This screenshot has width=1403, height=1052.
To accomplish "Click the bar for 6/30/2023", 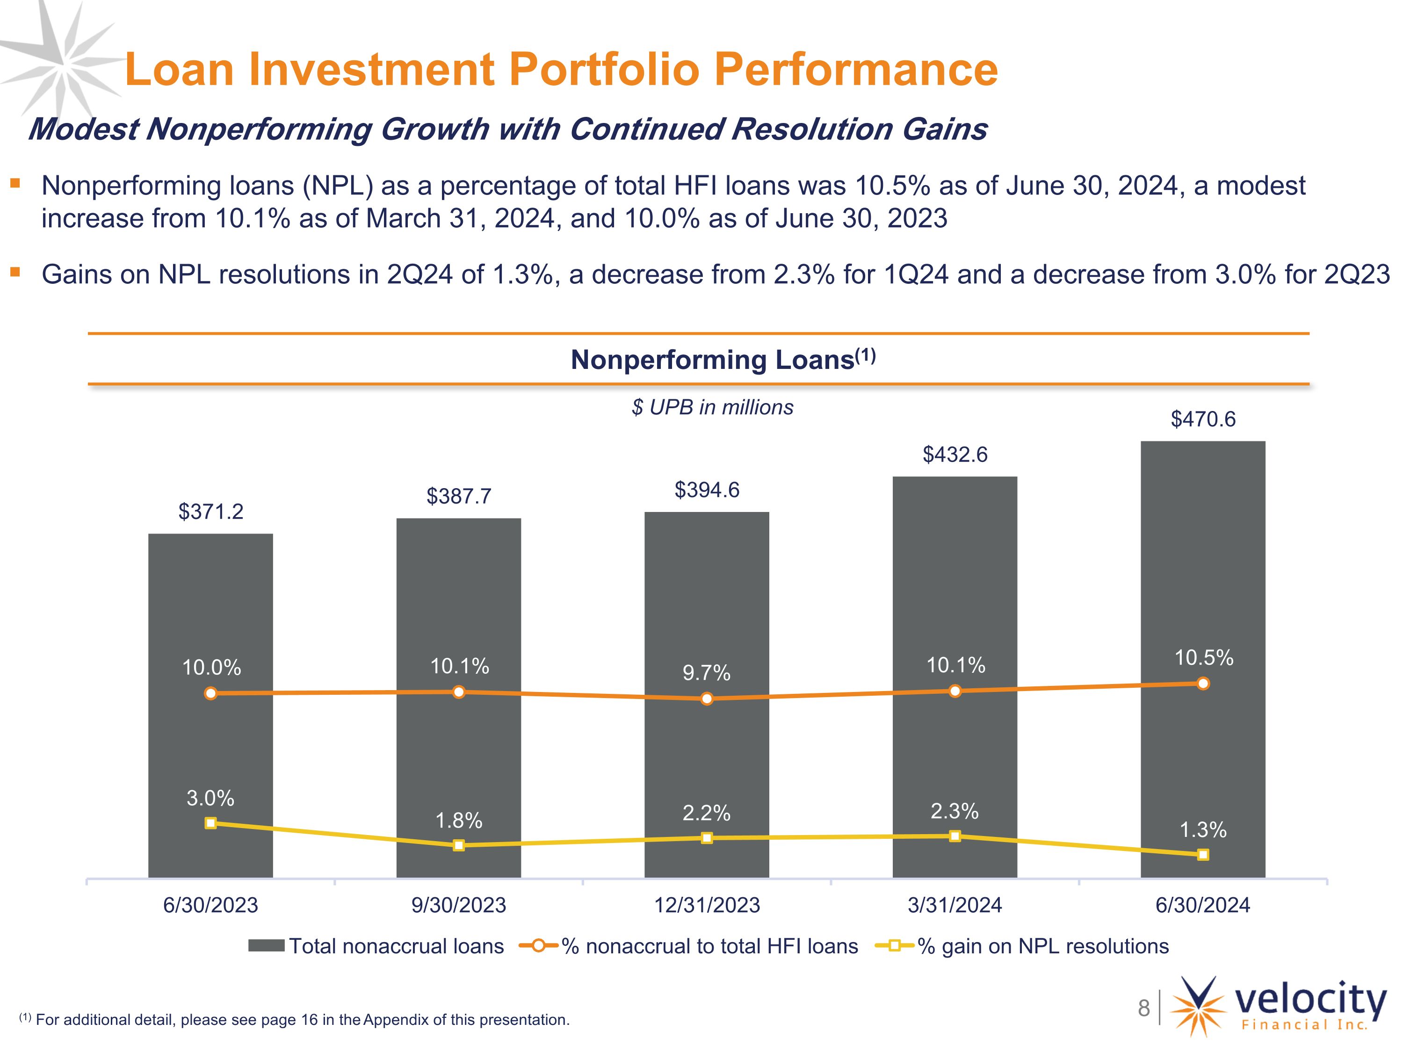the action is click(210, 705).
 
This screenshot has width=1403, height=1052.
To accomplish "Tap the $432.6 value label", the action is click(955, 454).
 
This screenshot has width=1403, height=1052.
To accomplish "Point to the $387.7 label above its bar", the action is click(459, 496).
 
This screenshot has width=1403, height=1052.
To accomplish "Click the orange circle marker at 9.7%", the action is click(707, 699).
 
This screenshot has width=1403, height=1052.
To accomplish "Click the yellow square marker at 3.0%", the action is click(210, 823).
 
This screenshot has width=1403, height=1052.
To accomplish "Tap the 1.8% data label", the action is click(459, 821).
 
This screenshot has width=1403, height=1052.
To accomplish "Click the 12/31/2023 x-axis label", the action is click(707, 905).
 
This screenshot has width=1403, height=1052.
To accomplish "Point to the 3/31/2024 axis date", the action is click(955, 905).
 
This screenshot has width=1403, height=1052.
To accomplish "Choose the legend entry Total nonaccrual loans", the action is click(376, 946).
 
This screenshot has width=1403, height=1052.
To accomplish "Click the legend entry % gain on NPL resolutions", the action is click(1022, 946).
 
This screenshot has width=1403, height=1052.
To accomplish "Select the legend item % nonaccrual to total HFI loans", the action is click(688, 946).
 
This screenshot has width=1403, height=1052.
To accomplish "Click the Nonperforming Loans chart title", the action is click(723, 360).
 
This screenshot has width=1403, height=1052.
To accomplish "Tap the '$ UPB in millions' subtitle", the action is click(712, 407).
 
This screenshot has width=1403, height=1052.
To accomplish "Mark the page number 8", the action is click(1143, 1008).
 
